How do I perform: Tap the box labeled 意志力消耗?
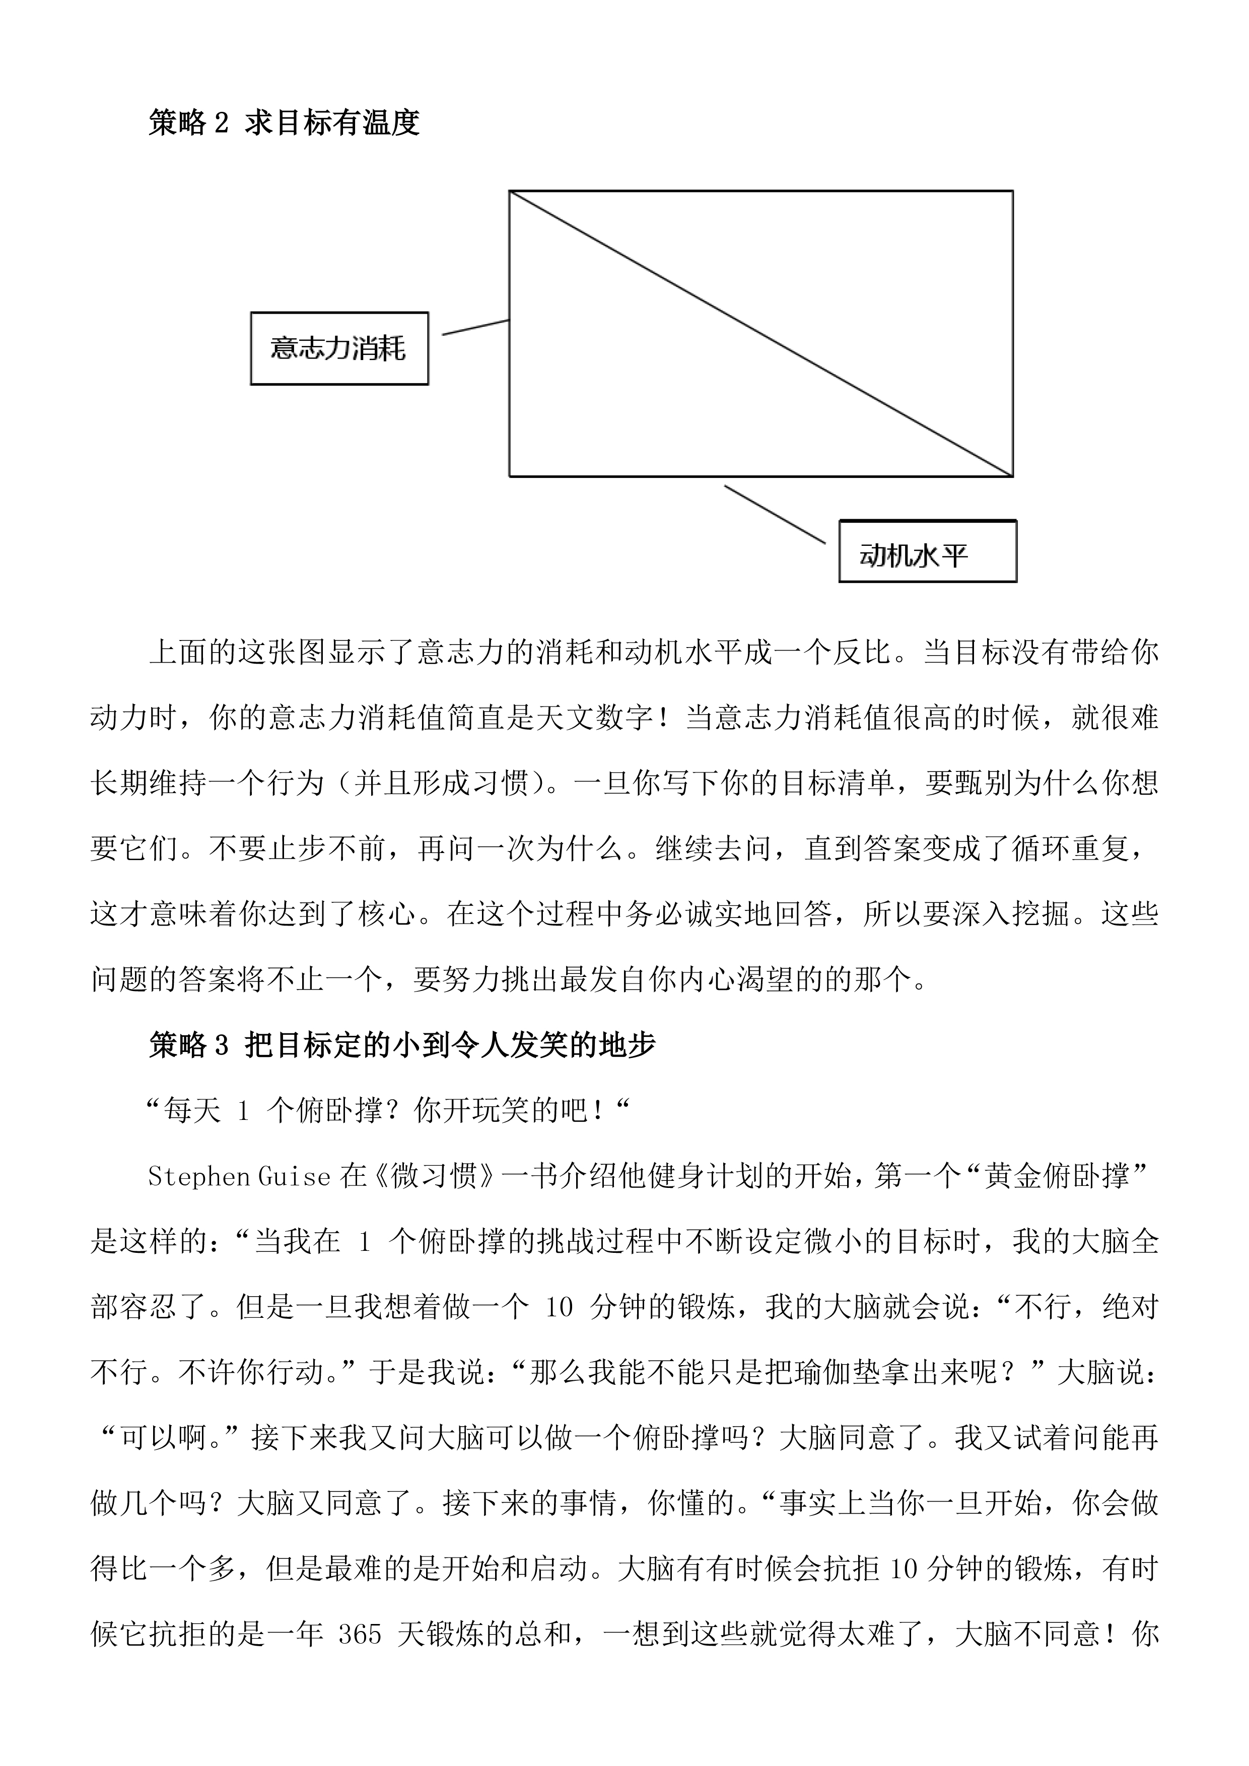click(x=339, y=348)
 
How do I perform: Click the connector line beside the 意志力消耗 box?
click(x=475, y=327)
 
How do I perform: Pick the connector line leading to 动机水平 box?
click(x=775, y=515)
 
